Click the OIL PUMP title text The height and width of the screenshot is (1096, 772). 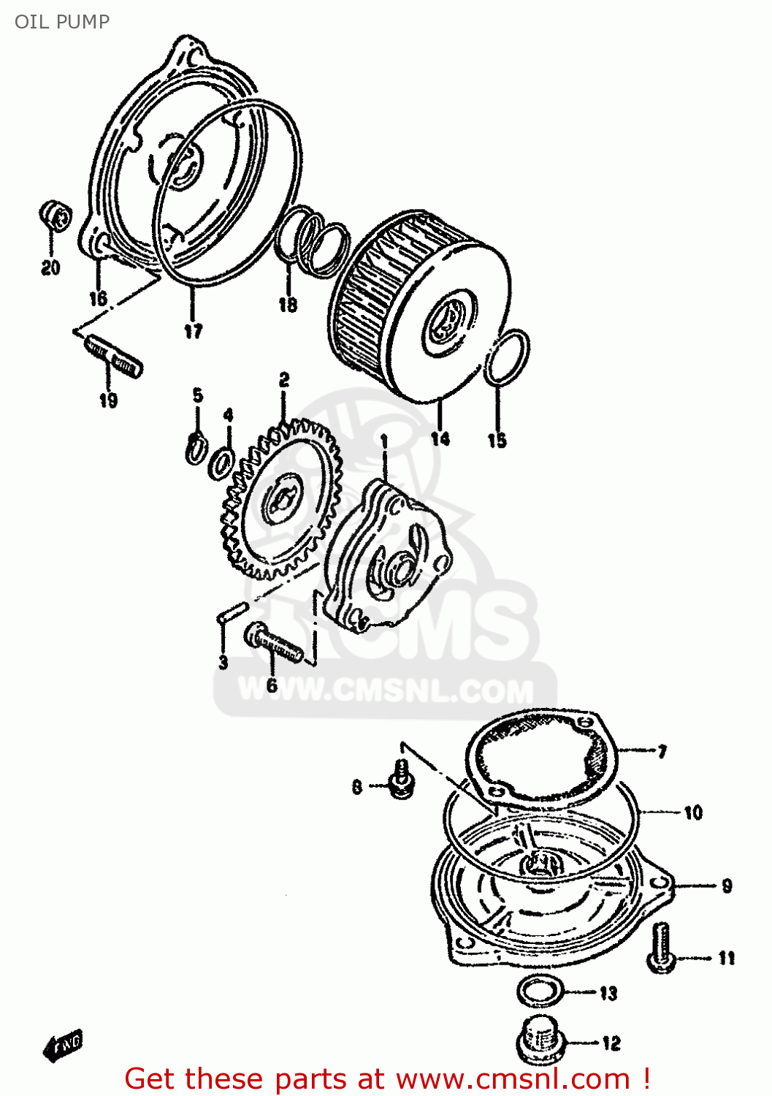click(x=62, y=22)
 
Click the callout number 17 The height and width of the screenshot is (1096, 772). click(x=193, y=331)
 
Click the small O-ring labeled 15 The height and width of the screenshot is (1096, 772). click(x=507, y=357)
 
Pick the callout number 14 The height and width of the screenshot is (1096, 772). click(x=440, y=438)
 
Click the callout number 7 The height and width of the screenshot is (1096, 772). click(x=662, y=751)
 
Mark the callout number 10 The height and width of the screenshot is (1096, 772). click(x=692, y=812)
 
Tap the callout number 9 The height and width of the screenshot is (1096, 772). click(x=726, y=886)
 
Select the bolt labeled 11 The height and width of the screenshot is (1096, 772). click(x=660, y=948)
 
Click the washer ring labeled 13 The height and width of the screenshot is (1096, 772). click(x=540, y=992)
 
